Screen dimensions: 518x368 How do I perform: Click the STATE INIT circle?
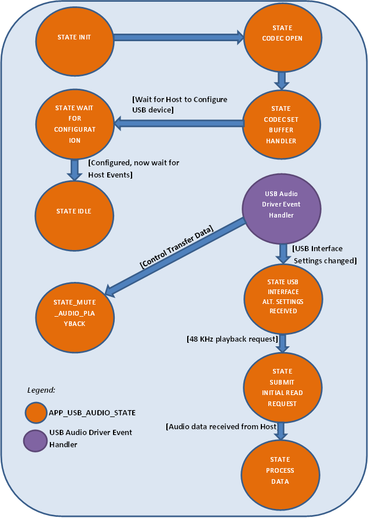(74, 38)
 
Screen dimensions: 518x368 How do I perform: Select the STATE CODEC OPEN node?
(282, 38)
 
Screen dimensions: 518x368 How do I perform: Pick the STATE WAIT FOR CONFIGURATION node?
(75, 124)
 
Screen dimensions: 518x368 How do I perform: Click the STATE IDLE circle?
(74, 211)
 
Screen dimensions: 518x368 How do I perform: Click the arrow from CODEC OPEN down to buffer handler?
(282, 79)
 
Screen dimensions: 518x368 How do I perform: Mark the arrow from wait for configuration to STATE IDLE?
(75, 169)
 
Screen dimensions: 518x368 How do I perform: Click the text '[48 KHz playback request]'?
(232, 338)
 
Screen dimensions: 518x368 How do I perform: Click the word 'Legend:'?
(41, 390)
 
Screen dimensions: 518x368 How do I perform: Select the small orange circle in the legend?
(35, 413)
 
